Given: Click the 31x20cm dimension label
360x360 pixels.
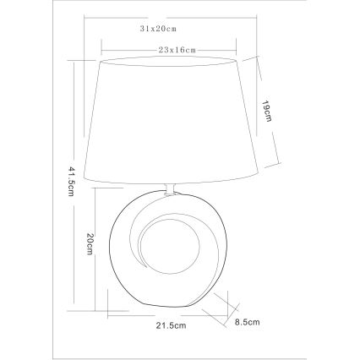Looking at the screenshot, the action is (158, 29).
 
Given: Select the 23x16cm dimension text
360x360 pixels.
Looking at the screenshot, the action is (177, 50).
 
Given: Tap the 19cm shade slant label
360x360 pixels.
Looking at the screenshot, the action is (266, 111).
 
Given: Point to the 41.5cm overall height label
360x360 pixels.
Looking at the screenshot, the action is (71, 182).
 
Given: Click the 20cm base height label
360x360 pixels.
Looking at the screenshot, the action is (90, 243).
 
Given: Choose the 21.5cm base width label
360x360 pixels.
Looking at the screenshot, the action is (172, 325).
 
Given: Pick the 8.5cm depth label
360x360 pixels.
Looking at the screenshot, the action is (248, 322).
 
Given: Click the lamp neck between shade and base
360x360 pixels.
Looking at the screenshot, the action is (170, 189).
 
